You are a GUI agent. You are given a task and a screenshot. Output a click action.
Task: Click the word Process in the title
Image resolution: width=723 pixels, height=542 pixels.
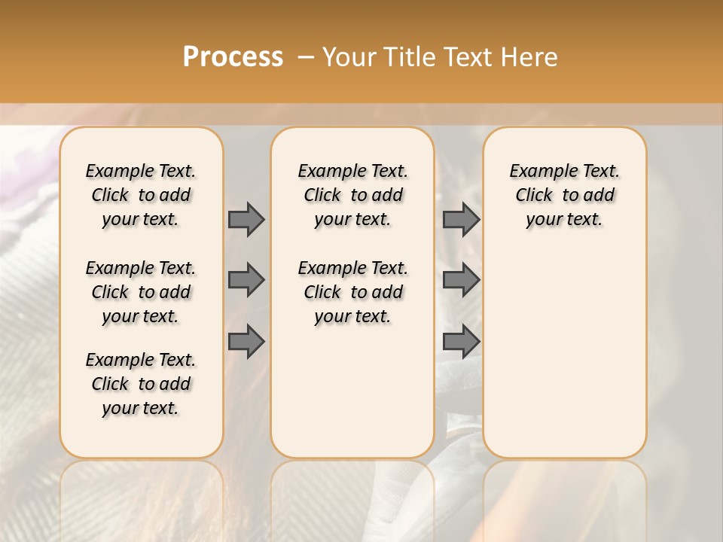pyautogui.click(x=233, y=56)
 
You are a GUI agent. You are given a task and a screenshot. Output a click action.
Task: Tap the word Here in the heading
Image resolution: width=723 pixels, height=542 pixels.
pyautogui.click(x=529, y=57)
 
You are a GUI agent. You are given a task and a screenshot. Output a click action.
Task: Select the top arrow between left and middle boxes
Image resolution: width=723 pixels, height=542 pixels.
pyautogui.click(x=246, y=219)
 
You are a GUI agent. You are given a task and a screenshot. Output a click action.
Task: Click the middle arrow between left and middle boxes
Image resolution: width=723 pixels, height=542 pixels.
pyautogui.click(x=246, y=280)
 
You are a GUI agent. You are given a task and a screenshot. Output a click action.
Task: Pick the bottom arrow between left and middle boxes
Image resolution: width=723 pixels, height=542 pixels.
pyautogui.click(x=246, y=341)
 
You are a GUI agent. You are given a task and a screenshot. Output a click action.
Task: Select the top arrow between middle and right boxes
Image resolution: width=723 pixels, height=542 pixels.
pyautogui.click(x=461, y=219)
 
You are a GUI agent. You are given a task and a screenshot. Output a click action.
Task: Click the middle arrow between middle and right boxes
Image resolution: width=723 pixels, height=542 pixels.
pyautogui.click(x=461, y=280)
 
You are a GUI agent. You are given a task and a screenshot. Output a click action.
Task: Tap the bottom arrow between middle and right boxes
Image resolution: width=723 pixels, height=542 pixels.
pyautogui.click(x=461, y=341)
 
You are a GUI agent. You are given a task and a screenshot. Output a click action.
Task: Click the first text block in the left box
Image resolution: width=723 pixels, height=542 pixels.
pyautogui.click(x=141, y=195)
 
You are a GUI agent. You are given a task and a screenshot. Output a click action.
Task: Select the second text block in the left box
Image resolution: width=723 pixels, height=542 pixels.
pyautogui.click(x=141, y=292)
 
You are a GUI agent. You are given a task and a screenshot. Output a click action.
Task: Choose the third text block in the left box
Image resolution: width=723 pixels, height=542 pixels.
pyautogui.click(x=141, y=384)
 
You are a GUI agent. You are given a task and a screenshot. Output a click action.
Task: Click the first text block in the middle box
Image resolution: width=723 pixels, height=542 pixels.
pyautogui.click(x=353, y=195)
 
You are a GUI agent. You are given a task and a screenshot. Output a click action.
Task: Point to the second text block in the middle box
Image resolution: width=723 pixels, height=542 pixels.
pyautogui.click(x=353, y=292)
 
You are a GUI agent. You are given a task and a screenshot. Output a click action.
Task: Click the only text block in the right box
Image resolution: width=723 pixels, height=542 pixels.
pyautogui.click(x=565, y=195)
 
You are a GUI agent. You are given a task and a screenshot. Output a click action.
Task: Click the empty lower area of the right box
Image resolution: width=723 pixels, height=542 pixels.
pyautogui.click(x=565, y=354)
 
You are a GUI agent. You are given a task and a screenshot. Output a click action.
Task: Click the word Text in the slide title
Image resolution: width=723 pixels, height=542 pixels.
pyautogui.click(x=468, y=57)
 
